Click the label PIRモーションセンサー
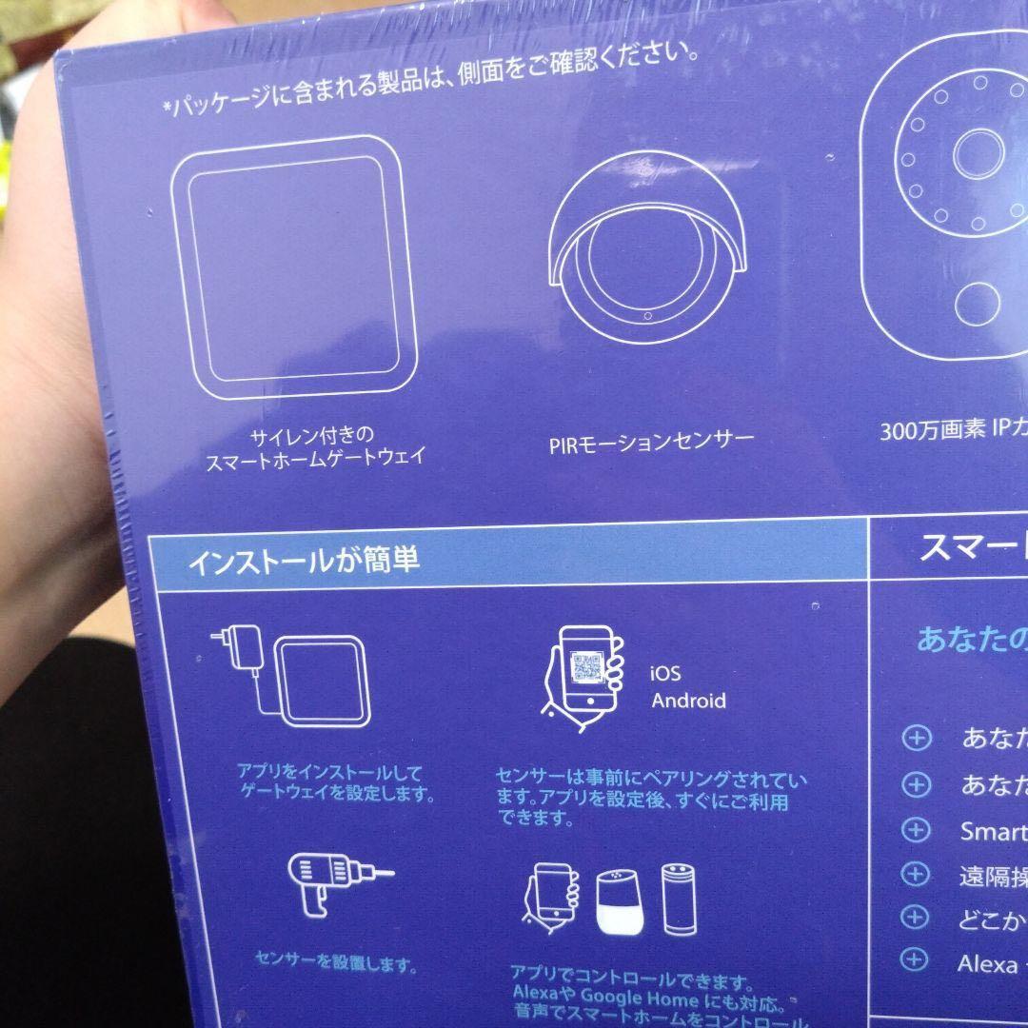651,441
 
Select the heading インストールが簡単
304,559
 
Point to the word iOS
665,674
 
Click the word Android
688,702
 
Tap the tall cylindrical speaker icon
679,898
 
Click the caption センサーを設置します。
336,964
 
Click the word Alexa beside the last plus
987,964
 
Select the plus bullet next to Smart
915,829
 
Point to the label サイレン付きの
306,438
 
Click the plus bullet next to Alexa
915,960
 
